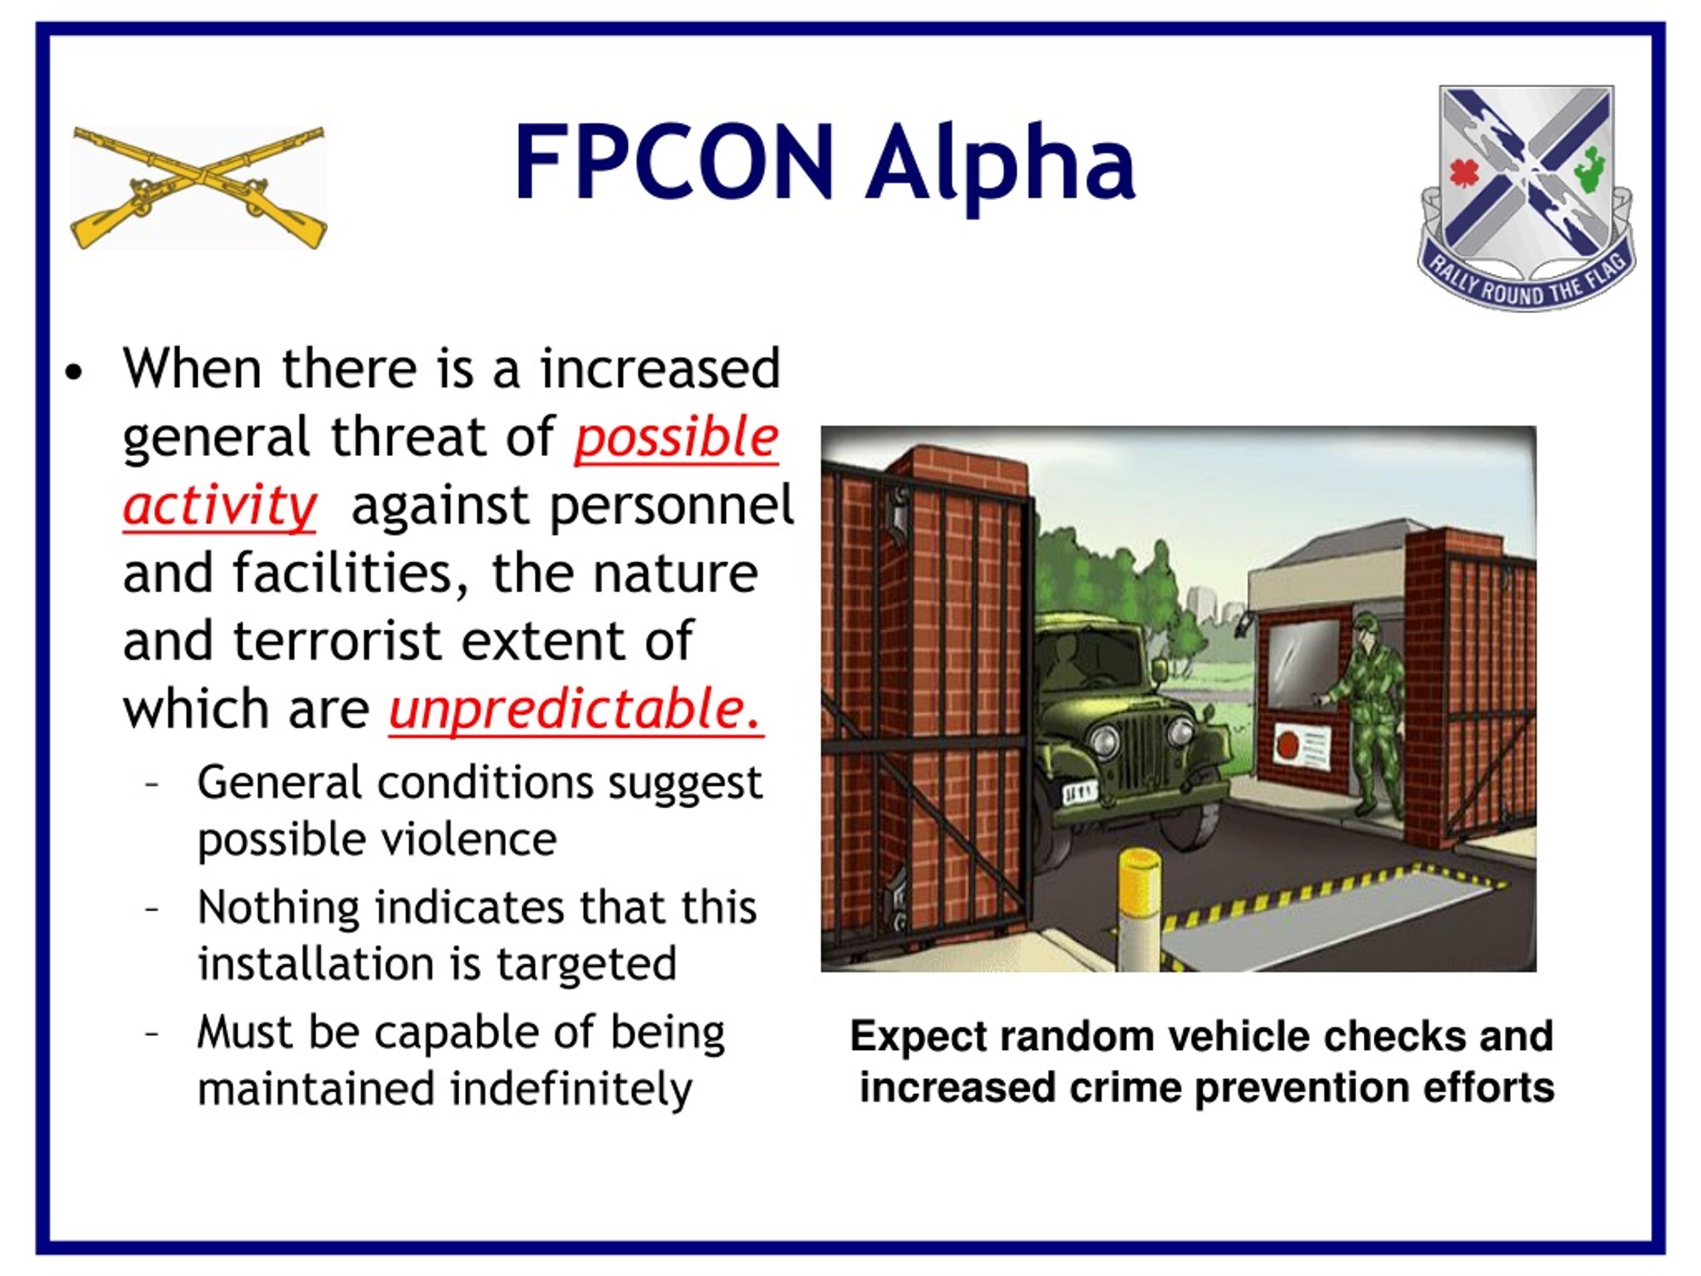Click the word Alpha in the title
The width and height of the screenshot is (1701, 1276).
pyautogui.click(x=1000, y=165)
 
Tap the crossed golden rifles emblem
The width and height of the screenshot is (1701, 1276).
pyautogui.click(x=199, y=187)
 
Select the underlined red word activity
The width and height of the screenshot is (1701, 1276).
pyautogui.click(x=219, y=505)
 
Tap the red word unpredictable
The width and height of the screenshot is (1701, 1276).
pyautogui.click(x=575, y=708)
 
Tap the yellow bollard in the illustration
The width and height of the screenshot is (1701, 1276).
pyautogui.click(x=1138, y=900)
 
